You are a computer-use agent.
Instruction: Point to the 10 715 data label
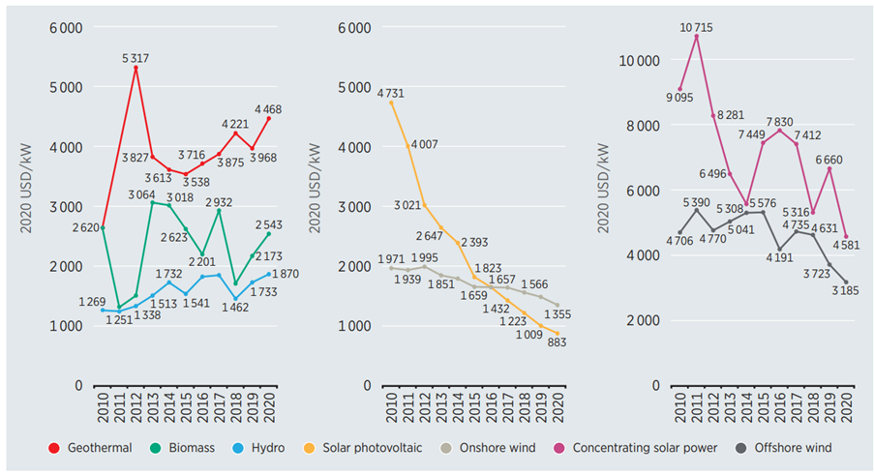point(696,27)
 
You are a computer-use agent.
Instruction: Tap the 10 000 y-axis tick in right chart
point(639,60)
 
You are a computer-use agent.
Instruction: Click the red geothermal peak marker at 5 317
point(136,68)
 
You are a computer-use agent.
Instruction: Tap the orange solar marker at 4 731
point(392,103)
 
